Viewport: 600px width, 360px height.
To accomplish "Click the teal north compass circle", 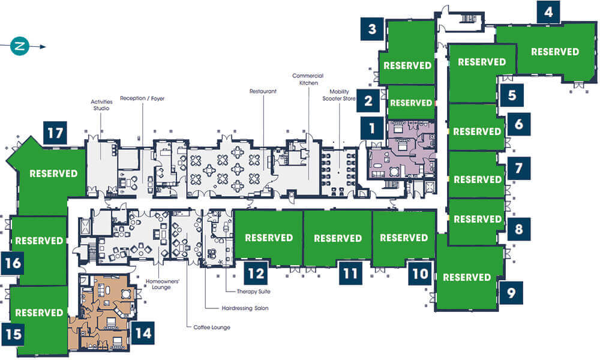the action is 20,46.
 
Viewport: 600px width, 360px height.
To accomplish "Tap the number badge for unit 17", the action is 55,133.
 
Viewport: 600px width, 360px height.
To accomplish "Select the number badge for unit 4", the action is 548,12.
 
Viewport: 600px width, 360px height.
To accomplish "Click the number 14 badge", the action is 143,333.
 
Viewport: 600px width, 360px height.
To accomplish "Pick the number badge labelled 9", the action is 511,293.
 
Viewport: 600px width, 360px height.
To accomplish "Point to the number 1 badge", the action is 372,128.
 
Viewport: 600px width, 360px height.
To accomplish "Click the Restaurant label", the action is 263,91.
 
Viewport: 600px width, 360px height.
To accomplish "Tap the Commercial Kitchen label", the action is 308,79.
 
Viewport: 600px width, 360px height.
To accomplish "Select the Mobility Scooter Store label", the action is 339,95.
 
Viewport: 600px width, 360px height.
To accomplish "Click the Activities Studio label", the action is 101,105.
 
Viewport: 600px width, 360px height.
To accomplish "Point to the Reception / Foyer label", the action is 142,98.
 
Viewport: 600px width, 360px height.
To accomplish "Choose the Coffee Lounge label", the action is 212,328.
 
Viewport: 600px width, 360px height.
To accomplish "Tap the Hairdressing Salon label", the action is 245,308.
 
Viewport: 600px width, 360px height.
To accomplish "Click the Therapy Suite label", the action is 253,292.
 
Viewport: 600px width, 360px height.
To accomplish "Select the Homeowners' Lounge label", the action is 162,284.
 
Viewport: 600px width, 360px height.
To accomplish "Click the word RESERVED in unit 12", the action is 269,238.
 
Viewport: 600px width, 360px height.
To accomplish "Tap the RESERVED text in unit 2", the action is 411,103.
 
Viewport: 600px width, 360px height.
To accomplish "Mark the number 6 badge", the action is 519,124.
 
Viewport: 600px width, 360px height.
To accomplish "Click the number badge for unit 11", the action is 350,273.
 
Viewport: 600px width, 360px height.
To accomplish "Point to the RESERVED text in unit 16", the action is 39,241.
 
